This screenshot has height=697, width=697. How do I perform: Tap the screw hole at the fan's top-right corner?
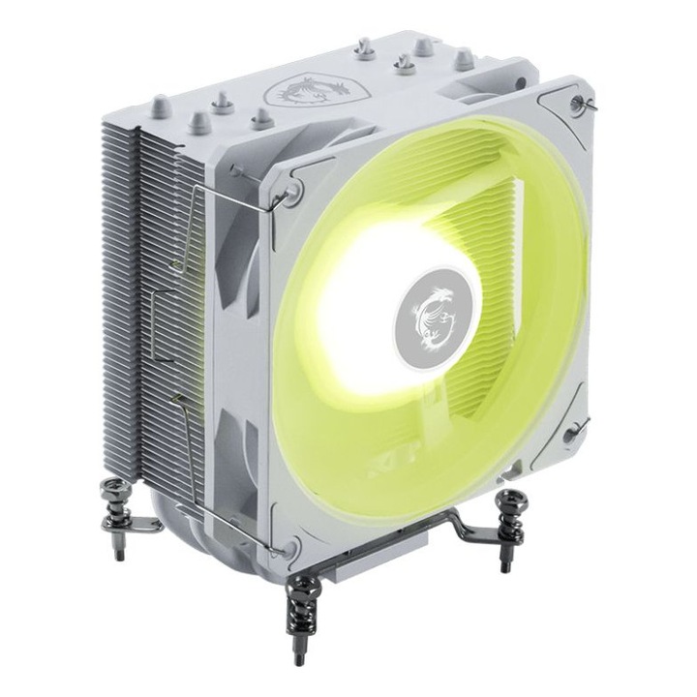click(x=578, y=104)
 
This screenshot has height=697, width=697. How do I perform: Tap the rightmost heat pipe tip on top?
click(x=464, y=57)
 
